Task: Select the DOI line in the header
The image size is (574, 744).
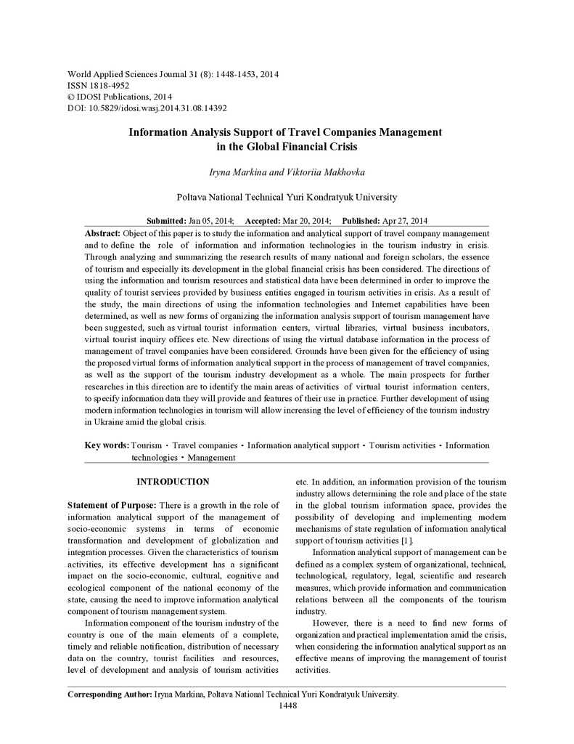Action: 147,108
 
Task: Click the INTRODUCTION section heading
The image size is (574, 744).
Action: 173,482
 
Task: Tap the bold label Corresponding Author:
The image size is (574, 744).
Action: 110,694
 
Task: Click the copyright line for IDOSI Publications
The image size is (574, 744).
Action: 119,96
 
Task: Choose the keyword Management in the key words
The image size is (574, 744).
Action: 211,458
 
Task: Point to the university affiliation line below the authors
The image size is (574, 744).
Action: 287,197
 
